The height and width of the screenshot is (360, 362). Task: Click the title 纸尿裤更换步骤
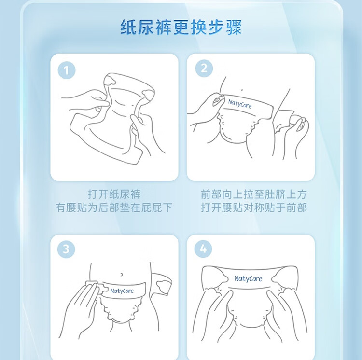tap(181, 28)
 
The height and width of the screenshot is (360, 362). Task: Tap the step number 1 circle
tap(67, 70)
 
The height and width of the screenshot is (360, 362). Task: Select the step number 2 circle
tap(204, 69)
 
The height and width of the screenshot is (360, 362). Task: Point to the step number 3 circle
tap(66, 249)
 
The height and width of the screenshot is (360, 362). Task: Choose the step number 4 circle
tap(203, 249)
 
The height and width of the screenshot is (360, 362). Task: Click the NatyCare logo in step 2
tap(239, 104)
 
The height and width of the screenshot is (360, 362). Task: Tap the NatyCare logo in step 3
tap(122, 291)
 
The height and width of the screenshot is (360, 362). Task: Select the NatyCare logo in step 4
tap(248, 279)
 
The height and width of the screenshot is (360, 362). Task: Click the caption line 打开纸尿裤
tap(114, 194)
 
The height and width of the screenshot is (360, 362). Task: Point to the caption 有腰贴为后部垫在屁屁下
tap(114, 208)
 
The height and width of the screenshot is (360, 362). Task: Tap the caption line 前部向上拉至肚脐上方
tap(253, 194)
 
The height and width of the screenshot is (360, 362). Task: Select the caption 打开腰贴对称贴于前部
tap(253, 208)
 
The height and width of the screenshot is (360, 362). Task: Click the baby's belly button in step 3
tap(122, 274)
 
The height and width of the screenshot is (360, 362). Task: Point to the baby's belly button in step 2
tap(242, 90)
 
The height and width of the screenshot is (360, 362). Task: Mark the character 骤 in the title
tap(234, 28)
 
